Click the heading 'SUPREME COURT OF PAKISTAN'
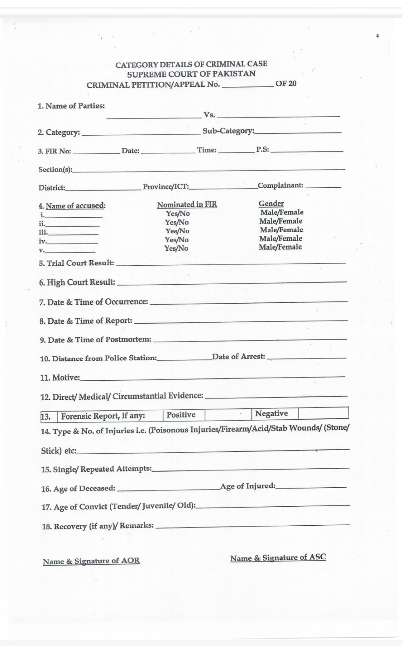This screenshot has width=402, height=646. [x=191, y=74]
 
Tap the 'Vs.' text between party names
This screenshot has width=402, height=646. [x=209, y=115]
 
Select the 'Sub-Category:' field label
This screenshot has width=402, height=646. [x=228, y=131]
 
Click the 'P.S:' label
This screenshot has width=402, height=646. [x=262, y=150]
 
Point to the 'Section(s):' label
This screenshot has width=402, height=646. [x=55, y=170]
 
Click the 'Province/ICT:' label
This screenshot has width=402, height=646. [x=166, y=187]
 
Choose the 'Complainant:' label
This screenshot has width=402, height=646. [x=281, y=185]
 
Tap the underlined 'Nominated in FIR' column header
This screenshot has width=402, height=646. [x=186, y=205]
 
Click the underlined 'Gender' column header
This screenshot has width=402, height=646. [x=271, y=203]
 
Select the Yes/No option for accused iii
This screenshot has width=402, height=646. [x=177, y=231]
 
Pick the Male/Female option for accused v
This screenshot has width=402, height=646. [x=280, y=247]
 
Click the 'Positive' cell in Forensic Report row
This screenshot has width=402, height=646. [x=181, y=415]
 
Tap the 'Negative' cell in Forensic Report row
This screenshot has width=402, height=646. [x=271, y=413]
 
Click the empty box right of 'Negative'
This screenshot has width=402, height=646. [x=323, y=413]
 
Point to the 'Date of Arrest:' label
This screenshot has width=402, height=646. [x=239, y=357]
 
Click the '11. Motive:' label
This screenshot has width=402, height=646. [x=60, y=378]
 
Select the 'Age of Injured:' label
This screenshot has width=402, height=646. [x=248, y=486]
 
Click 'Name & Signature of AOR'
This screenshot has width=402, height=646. [x=91, y=561]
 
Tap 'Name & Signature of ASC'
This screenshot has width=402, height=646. [x=278, y=558]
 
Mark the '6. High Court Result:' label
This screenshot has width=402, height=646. [x=77, y=282]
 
